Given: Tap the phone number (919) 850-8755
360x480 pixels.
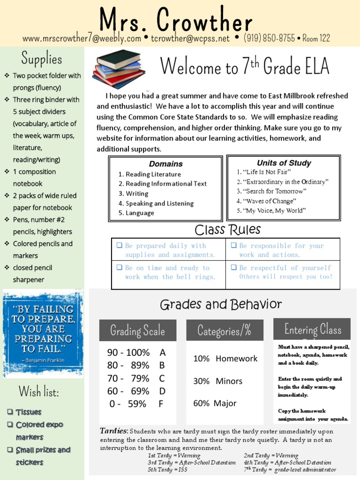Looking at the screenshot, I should tap(269, 38).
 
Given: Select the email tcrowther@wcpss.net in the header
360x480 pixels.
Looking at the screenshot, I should tap(190, 38).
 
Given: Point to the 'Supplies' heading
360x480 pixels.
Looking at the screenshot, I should tap(42, 59).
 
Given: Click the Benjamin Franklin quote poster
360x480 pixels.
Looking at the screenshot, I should tap(43, 333).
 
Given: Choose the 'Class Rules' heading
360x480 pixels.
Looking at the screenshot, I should tap(227, 230).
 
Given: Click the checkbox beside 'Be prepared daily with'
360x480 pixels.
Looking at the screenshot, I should tap(120, 245).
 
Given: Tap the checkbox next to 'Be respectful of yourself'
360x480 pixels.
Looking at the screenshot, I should tap(233, 268).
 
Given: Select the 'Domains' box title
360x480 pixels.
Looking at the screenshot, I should tap(166, 164).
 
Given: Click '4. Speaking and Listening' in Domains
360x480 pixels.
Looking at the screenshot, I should tap(156, 203).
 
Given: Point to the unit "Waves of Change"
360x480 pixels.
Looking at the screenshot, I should tap(267, 201).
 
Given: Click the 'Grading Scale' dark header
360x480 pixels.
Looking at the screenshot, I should tap(137, 330).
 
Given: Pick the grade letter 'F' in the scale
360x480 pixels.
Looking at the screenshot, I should tap(161, 404).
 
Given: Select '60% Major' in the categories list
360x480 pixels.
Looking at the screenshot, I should tap(215, 403).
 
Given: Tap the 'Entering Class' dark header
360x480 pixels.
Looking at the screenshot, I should tap(312, 329).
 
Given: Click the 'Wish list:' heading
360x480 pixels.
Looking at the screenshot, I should tap(39, 391).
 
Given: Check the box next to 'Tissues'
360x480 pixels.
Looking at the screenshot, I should tap(10, 412).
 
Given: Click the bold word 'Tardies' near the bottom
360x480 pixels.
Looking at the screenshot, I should tap(114, 431).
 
